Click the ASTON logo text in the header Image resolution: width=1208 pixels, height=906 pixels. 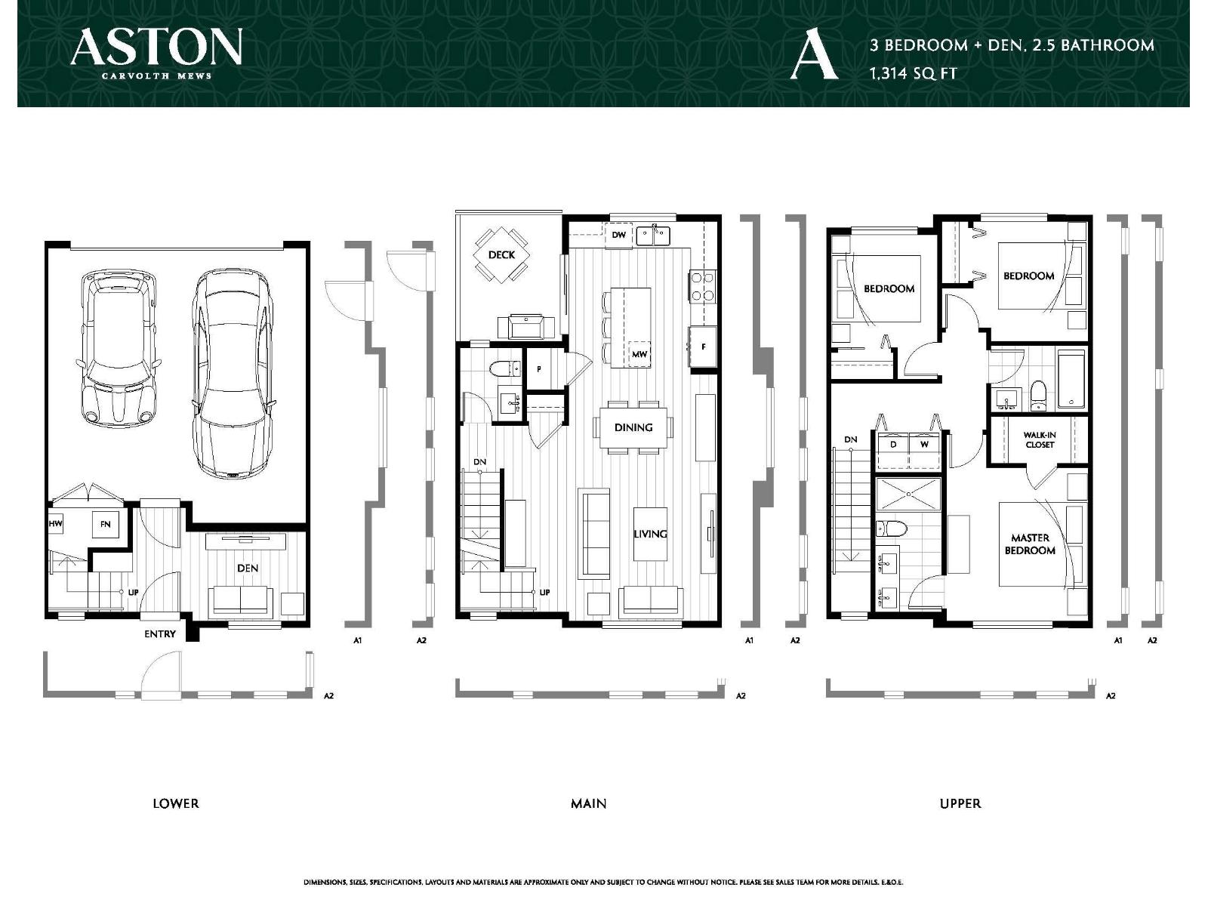[x=156, y=47]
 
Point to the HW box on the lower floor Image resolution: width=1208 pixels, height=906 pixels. [x=55, y=523]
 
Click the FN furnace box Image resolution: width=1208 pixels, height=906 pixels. [x=105, y=524]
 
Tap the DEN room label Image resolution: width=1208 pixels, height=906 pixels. [x=248, y=568]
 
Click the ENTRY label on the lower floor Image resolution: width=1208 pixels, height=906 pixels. [x=159, y=634]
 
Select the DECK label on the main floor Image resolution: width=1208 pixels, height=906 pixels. [x=501, y=254]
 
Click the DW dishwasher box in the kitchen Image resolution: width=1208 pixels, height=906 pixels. [x=619, y=236]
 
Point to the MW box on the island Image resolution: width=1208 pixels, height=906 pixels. [x=639, y=354]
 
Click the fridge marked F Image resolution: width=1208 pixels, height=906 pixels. [x=703, y=347]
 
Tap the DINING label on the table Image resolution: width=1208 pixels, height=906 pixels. [x=633, y=427]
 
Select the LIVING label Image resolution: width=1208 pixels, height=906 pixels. [x=650, y=534]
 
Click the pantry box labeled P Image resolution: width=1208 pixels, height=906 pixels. [x=540, y=369]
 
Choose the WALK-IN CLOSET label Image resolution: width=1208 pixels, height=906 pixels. [x=1039, y=440]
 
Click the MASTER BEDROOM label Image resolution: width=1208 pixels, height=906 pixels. [x=1029, y=544]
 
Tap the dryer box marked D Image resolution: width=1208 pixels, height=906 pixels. [x=893, y=445]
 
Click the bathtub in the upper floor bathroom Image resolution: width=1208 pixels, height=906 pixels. [x=1071, y=378]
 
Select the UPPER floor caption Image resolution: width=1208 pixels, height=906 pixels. [x=960, y=803]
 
